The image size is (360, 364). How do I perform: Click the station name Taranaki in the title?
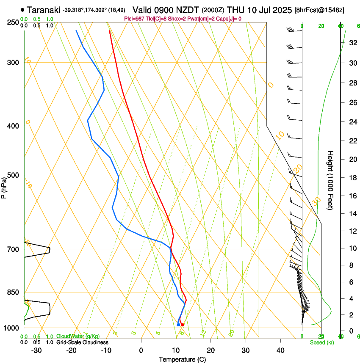pyautogui.click(x=44, y=9)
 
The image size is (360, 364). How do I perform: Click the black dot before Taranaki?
pyautogui.click(x=22, y=9)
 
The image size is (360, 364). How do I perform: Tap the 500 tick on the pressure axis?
pyautogui.click(x=13, y=175)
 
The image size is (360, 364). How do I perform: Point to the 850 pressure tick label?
pyautogui.click(x=13, y=292)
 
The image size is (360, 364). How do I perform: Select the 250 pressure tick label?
pyautogui.click(x=13, y=22)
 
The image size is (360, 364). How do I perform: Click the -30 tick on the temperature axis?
pyautogui.click(x=36, y=350)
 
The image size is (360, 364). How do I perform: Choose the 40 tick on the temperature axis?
pyautogui.click(x=280, y=350)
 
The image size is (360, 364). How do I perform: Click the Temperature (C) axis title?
pyautogui.click(x=182, y=359)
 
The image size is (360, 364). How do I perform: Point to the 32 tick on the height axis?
pyautogui.click(x=352, y=43)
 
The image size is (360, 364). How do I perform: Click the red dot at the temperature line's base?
pyautogui.click(x=183, y=325)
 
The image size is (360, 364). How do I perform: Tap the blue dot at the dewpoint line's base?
pyautogui.click(x=178, y=325)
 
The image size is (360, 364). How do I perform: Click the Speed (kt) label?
pyautogui.click(x=321, y=342)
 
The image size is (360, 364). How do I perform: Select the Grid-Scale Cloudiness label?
pyautogui.click(x=82, y=342)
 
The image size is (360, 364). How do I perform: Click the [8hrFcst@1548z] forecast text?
pyautogui.click(x=325, y=10)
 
